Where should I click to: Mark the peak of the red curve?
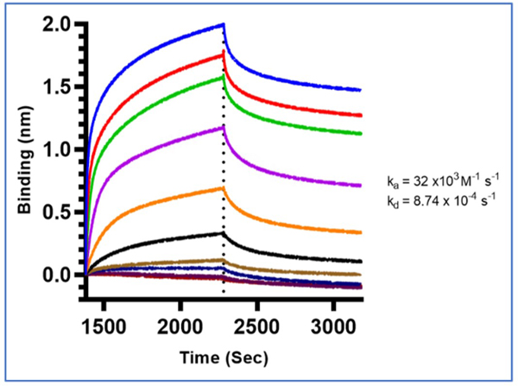224,54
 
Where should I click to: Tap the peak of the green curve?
224,76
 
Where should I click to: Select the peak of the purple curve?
224,127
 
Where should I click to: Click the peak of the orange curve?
224,187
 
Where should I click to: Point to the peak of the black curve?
224,233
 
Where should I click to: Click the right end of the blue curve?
360,90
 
